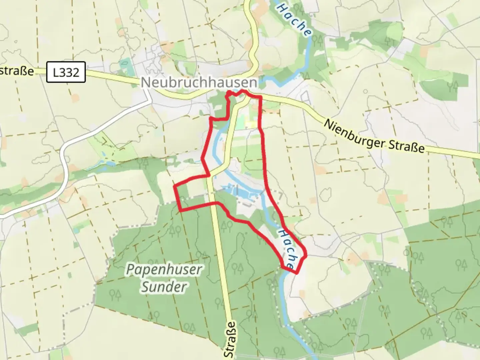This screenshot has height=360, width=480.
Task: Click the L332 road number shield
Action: (66, 72)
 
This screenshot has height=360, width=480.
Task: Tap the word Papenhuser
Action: (164, 270)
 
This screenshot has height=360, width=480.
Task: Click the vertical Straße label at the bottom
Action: (230, 340)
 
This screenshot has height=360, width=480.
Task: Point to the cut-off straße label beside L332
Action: (17, 71)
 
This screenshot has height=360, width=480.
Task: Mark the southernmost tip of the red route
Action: (296, 273)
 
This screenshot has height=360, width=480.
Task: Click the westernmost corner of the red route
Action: (174, 187)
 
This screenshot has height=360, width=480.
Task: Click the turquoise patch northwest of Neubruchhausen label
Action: (125, 63)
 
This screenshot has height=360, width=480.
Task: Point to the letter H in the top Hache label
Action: (281, 7)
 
